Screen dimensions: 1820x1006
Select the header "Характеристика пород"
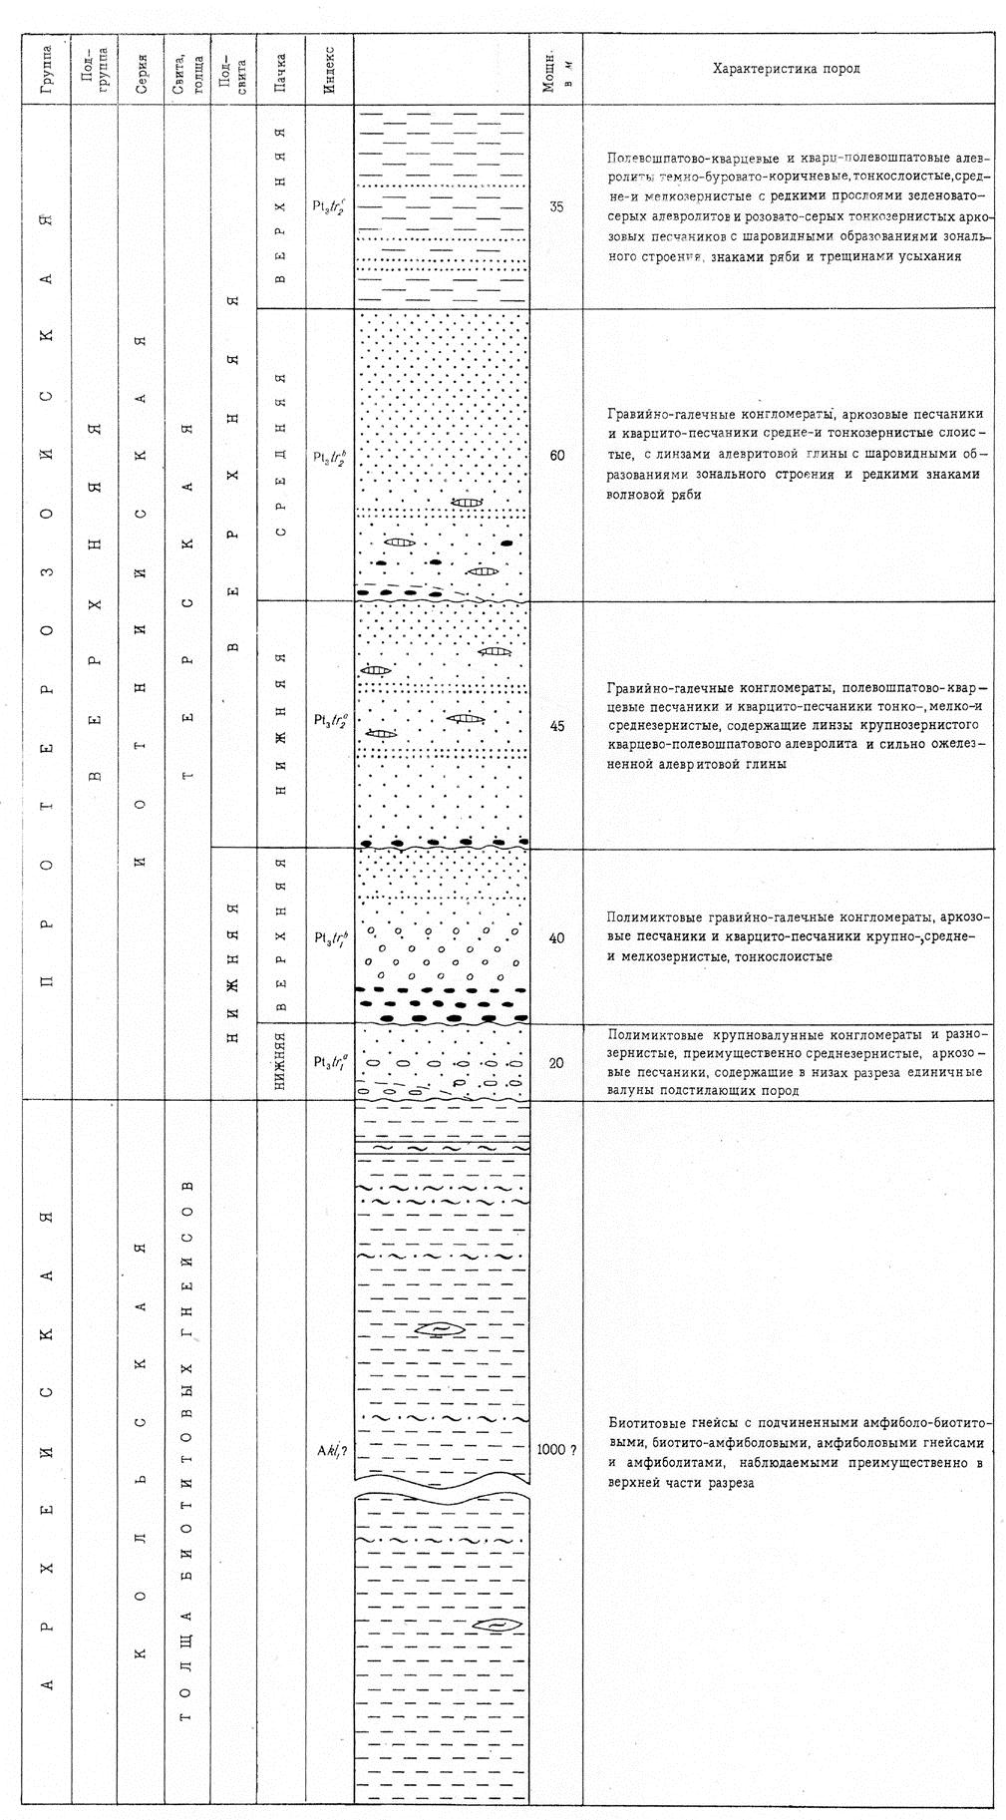click(787, 69)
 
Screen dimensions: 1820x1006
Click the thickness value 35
click(556, 207)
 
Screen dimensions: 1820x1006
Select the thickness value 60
click(556, 456)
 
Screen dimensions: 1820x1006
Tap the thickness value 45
click(556, 726)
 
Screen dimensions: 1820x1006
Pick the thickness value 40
click(556, 938)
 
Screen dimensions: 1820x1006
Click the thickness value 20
click(556, 1063)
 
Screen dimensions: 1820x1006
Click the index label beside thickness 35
click(329, 206)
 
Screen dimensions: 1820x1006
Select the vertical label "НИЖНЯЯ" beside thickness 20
click(282, 1062)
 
